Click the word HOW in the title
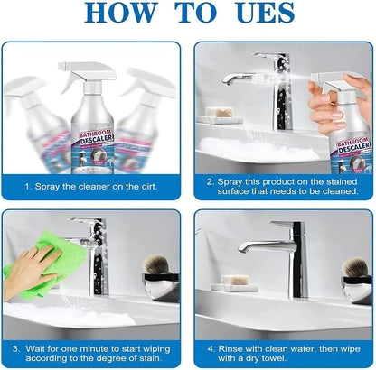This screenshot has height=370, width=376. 121,13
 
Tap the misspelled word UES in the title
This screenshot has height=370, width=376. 266,13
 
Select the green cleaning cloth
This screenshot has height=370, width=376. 45,264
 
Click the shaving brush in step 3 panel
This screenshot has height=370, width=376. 156,264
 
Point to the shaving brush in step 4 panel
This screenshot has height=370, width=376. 355,267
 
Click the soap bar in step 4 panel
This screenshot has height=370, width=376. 235,280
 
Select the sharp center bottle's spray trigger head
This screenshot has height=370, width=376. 88,74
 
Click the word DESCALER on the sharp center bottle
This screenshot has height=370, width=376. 96,138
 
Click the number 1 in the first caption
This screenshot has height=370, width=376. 27,187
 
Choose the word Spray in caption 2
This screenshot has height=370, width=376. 230,182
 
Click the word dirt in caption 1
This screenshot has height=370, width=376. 149,187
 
